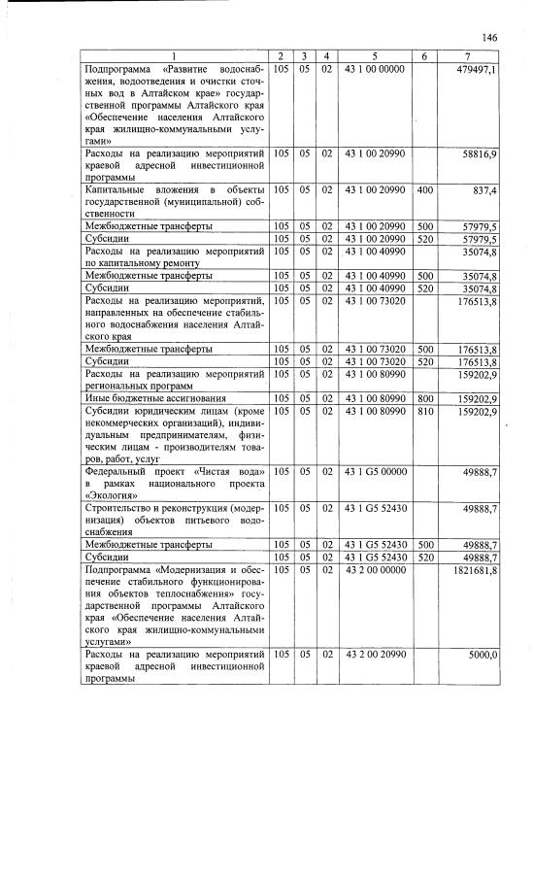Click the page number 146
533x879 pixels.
[x=489, y=38]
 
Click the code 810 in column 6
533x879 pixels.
[x=424, y=411]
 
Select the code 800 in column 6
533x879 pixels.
[x=424, y=397]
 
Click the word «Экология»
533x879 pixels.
[x=112, y=493]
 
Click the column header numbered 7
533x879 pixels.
[x=468, y=56]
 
